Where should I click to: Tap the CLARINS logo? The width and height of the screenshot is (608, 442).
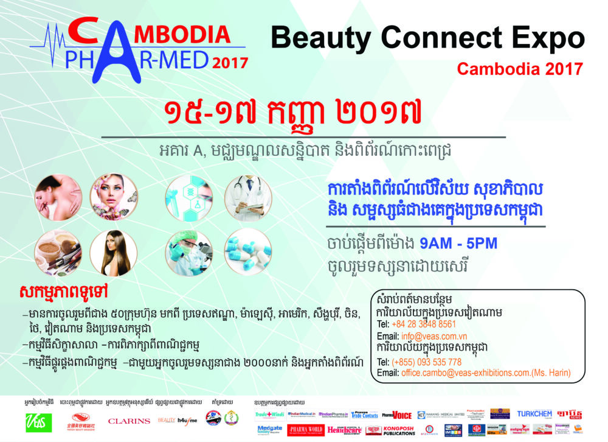pyautogui.click(x=128, y=421)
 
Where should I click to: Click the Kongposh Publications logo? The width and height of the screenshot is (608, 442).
pyautogui.click(x=399, y=430)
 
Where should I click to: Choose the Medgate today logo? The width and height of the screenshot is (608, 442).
pyautogui.click(x=270, y=430)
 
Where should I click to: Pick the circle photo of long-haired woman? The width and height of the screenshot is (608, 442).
pyautogui.click(x=113, y=253)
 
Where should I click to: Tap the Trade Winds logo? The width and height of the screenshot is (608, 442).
pyautogui.click(x=270, y=415)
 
